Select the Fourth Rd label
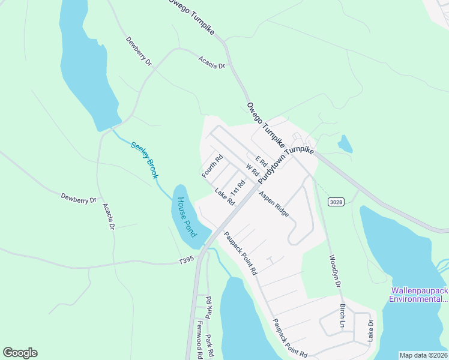tap(212, 166)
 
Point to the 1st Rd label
tap(238, 187)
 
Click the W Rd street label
tap(252, 169)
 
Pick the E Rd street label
tap(261, 161)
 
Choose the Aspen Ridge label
tap(274, 203)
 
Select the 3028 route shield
tap(336, 202)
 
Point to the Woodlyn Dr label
tap(335, 272)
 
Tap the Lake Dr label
tap(370, 331)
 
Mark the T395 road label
tap(187, 260)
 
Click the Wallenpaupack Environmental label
tap(419, 294)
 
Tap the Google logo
tap(20, 353)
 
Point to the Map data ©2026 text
tap(423, 355)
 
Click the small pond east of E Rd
tap(345, 144)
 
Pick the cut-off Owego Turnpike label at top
tap(190, 12)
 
